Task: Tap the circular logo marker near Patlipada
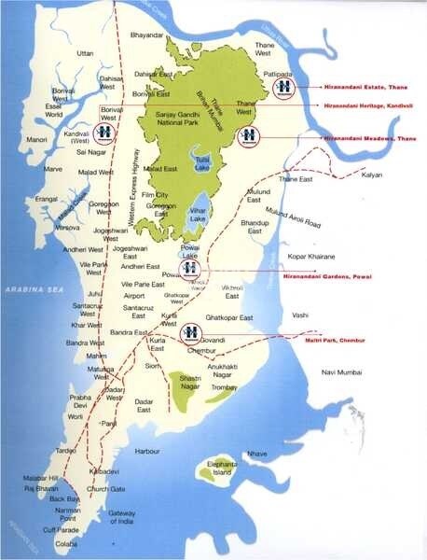click(283, 86)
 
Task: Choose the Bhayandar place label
click(147, 35)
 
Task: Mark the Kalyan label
click(373, 175)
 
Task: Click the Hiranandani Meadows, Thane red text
click(366, 137)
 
